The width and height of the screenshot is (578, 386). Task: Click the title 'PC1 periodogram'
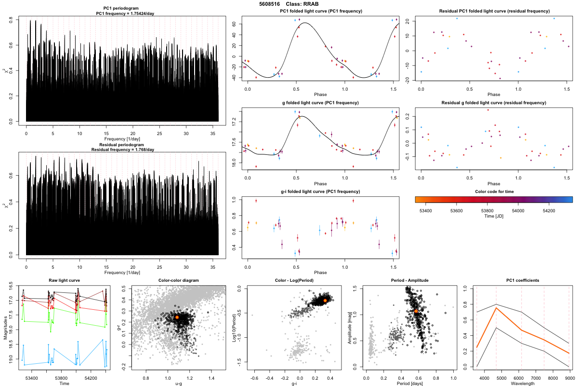click(122, 9)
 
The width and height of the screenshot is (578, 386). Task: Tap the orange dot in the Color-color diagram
click(177, 317)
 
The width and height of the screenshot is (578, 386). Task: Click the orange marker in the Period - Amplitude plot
click(416, 311)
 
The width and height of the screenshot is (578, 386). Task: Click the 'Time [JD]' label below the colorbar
click(493, 217)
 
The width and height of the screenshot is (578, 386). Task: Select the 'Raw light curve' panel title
click(64, 280)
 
